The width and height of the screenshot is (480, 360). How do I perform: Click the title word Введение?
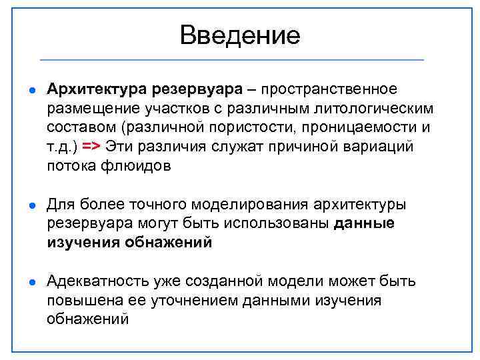click(240, 35)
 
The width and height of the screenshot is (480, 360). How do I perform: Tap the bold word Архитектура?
click(96, 89)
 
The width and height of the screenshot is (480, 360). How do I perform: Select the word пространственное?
click(329, 89)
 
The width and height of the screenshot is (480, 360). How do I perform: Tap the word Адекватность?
click(95, 281)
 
